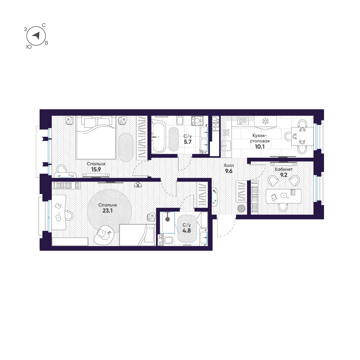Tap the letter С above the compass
coord(44,25)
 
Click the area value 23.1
coord(108,211)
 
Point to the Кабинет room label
coord(284,169)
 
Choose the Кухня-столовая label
coord(260,139)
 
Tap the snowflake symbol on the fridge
coord(266,121)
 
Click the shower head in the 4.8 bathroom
coord(167,218)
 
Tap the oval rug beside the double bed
coord(126,147)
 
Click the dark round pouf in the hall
coord(242,208)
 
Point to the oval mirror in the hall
coord(215,196)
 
